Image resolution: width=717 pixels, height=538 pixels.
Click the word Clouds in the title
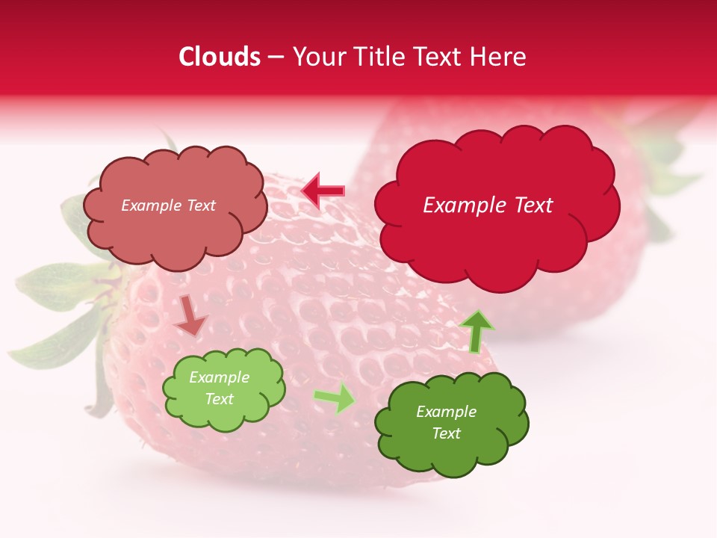pos(220,57)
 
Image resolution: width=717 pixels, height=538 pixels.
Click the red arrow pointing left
pos(323,191)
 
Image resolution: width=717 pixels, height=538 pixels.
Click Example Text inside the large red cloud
pos(488,205)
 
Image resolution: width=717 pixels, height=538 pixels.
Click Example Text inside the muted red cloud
pos(168,205)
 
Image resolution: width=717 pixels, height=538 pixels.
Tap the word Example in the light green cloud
pos(219,377)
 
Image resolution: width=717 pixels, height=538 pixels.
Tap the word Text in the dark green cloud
pos(446,433)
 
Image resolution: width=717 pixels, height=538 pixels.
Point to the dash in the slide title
pos(276,57)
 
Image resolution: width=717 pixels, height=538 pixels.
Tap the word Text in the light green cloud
pos(219,399)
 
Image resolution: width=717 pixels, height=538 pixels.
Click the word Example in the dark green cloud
pos(446,412)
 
